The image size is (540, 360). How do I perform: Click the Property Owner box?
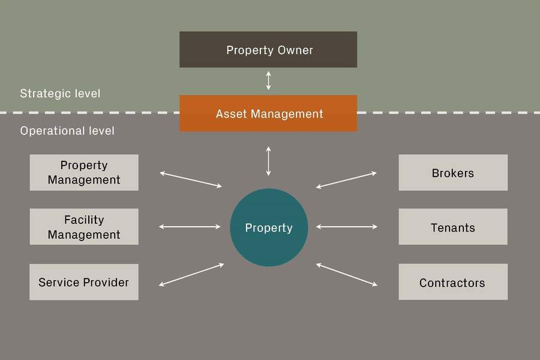[x=268, y=49]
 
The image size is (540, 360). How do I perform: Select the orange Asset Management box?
[x=268, y=113]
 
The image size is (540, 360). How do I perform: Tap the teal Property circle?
[x=269, y=227]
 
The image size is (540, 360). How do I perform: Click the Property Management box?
[x=84, y=173]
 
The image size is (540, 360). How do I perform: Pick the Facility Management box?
[x=84, y=227]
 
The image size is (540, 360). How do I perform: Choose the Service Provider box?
[x=84, y=282]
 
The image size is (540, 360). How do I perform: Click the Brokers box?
[x=453, y=173]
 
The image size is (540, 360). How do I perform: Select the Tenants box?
[x=453, y=227]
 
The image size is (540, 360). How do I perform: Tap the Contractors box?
[x=453, y=282]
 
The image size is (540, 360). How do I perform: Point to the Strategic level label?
[x=60, y=94]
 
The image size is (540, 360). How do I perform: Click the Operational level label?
[x=67, y=131]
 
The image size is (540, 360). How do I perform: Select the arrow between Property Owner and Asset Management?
[x=268, y=80]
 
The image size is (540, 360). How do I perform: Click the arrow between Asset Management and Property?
[x=268, y=161]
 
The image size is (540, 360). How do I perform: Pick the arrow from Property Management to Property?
[x=191, y=179]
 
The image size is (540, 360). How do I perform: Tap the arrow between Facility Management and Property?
[x=191, y=227]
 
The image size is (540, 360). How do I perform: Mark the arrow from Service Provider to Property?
[x=192, y=274]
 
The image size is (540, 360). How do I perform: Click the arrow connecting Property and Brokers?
[x=346, y=180]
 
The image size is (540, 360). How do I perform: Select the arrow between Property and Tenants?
[x=346, y=227]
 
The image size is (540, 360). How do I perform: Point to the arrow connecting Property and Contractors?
[x=346, y=274]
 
